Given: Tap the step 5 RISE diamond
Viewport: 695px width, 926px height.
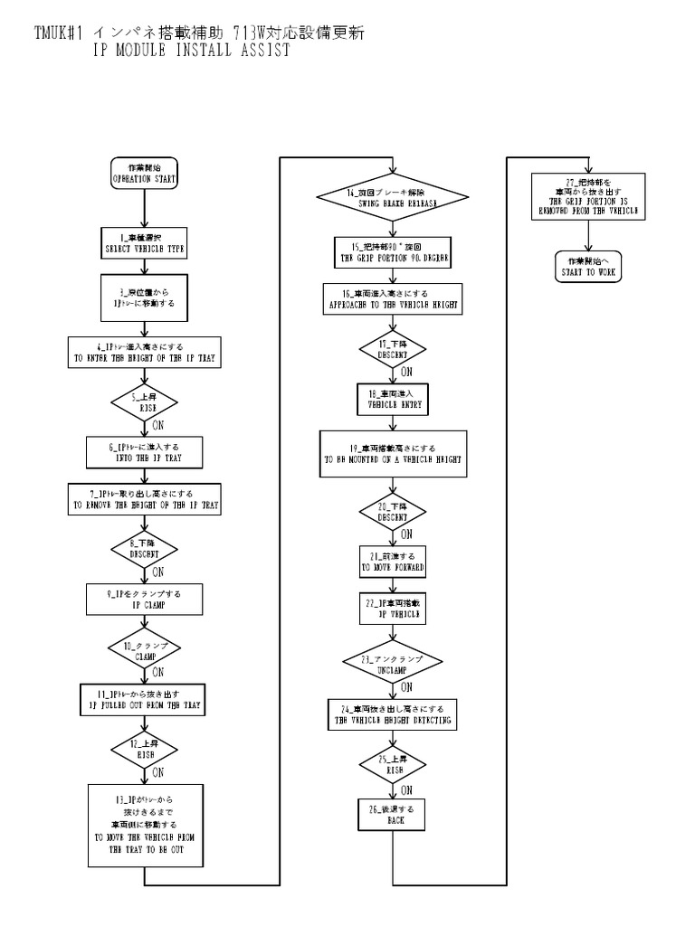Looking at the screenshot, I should (x=145, y=401).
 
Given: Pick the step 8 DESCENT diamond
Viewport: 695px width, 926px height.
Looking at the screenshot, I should (x=145, y=548).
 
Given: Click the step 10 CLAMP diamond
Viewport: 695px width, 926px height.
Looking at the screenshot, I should (x=145, y=651).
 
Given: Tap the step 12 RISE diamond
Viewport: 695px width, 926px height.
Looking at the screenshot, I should (x=145, y=749).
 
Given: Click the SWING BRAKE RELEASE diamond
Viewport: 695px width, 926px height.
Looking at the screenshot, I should (x=391, y=199).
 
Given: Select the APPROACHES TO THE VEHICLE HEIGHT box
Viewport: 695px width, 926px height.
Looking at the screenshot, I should (x=392, y=300).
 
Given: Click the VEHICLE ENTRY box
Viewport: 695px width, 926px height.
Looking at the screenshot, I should (x=391, y=400).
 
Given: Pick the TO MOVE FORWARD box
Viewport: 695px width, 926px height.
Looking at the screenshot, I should (x=393, y=562).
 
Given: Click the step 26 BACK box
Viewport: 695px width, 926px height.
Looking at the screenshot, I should (x=391, y=816).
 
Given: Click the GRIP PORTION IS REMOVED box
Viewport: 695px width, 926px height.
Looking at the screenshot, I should (x=588, y=196).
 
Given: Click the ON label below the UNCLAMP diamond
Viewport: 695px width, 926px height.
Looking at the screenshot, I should (x=406, y=686).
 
